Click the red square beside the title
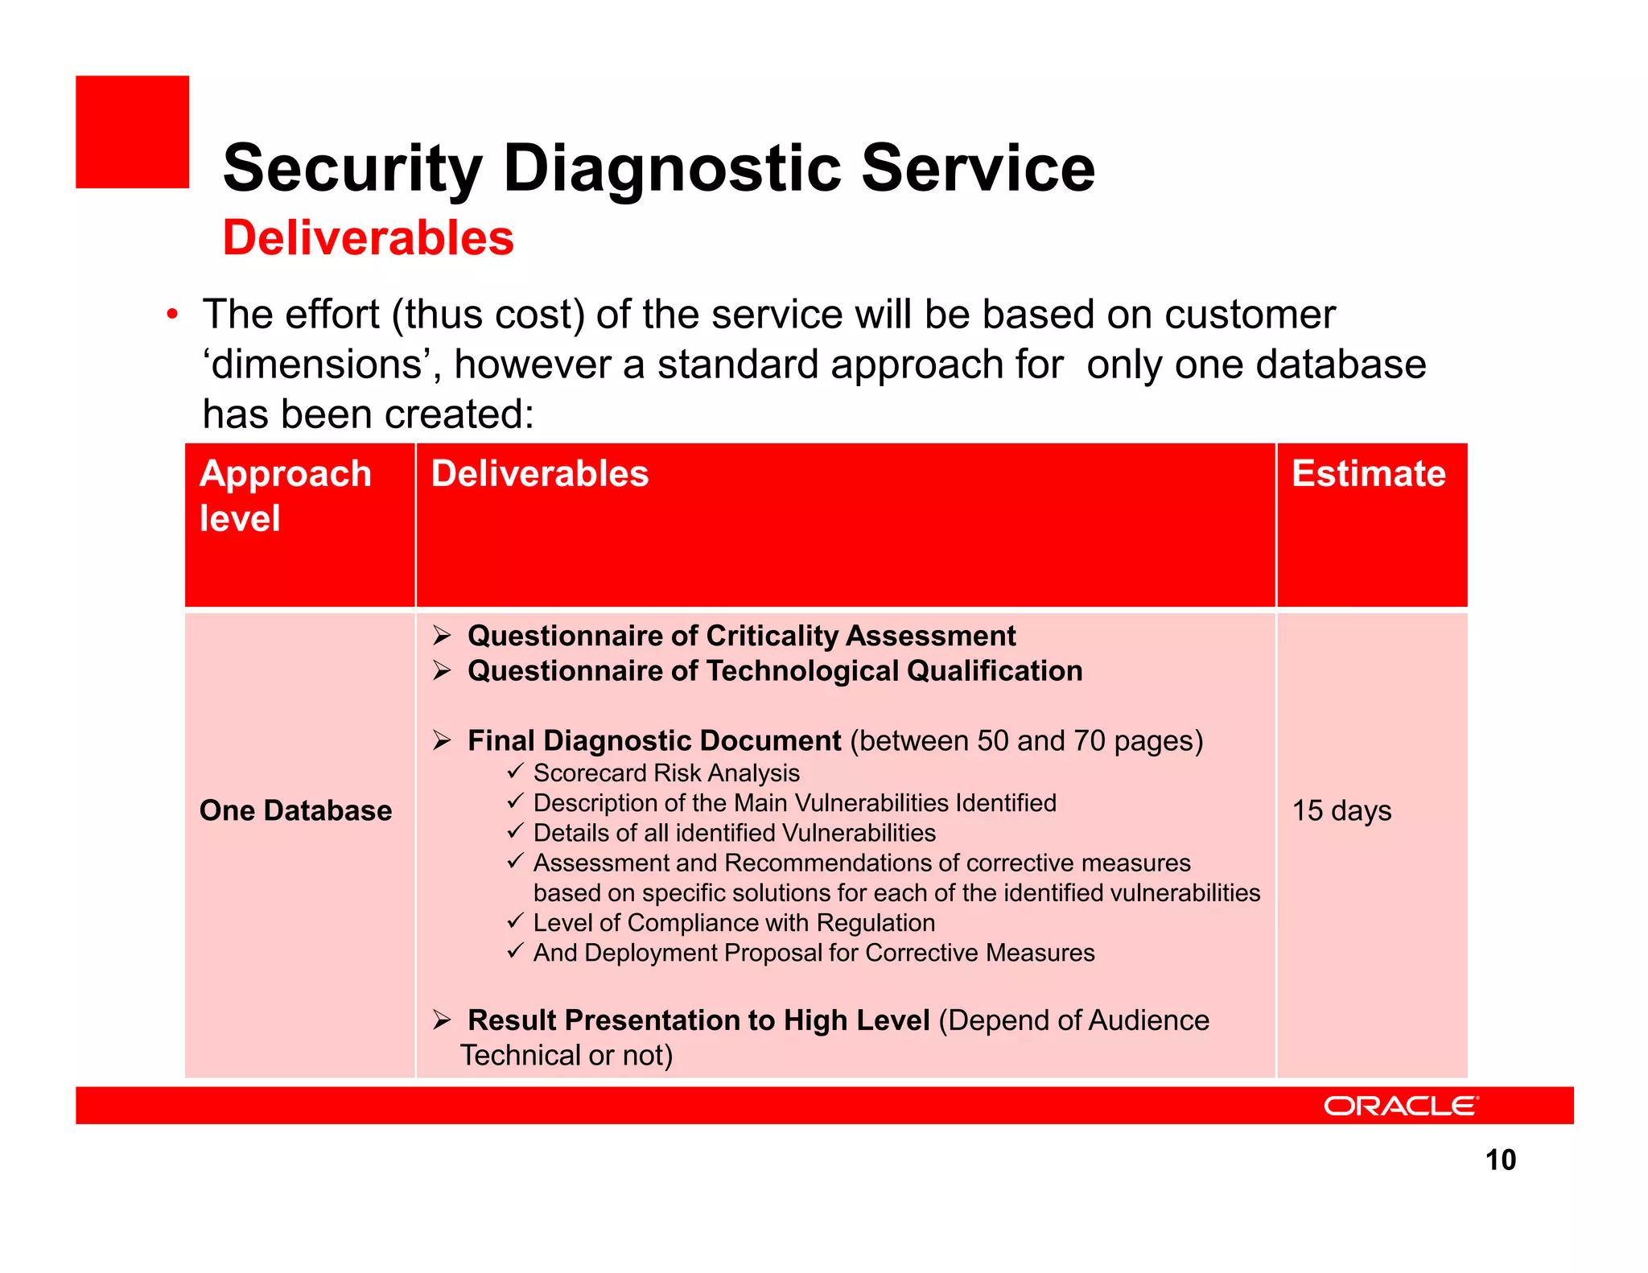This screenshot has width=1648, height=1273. click(132, 132)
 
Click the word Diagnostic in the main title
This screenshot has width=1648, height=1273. click(672, 169)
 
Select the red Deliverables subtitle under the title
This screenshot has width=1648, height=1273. click(368, 238)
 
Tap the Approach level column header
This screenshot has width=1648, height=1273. click(285, 495)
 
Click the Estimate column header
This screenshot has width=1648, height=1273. click(1368, 473)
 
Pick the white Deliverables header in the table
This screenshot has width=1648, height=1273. click(539, 473)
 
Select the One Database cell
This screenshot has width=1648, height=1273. click(295, 810)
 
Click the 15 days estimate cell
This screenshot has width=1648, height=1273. click(1341, 810)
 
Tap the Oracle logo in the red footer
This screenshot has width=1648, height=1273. click(1400, 1106)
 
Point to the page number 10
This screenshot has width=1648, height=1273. click(1500, 1160)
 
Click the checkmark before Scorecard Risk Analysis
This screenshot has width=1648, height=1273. click(515, 772)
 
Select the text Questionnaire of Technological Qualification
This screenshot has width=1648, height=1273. click(774, 671)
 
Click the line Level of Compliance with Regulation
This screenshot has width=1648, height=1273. click(734, 922)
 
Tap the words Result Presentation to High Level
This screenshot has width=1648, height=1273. click(698, 1020)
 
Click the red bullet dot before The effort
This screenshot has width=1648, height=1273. click(171, 315)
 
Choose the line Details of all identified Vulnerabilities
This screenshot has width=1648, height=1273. click(734, 833)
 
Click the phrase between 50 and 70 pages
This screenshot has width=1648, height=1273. click(1026, 740)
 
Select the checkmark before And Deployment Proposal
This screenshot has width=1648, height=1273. click(515, 952)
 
